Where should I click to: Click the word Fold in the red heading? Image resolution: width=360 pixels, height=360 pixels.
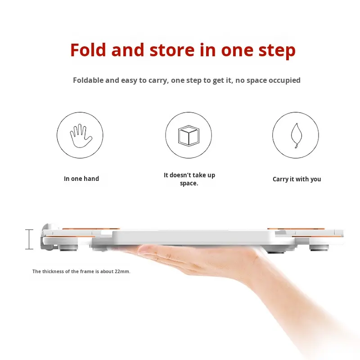[x=88, y=50]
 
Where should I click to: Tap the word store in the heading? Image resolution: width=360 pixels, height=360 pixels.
[x=172, y=50]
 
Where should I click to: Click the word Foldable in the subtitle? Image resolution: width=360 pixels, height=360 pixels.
[x=88, y=80]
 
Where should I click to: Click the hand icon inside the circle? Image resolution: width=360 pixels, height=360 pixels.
[x=81, y=136]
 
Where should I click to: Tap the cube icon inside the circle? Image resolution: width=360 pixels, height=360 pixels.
[x=189, y=136]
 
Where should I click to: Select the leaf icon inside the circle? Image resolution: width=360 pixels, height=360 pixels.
[x=297, y=135]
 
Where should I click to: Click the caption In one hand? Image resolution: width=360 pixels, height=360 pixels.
[x=81, y=179]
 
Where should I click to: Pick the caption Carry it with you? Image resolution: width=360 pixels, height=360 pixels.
[x=297, y=179]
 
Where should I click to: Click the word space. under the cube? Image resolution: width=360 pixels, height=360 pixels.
[x=189, y=184]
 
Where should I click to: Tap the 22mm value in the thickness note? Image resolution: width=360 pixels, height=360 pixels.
[x=122, y=271]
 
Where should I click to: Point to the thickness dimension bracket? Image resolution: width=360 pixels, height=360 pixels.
[x=29, y=239]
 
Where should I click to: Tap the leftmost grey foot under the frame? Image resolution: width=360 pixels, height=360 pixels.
[x=69, y=248]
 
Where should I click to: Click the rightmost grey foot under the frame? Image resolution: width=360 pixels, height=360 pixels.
[x=319, y=248]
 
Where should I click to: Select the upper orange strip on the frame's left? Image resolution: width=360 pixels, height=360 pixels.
[x=91, y=229]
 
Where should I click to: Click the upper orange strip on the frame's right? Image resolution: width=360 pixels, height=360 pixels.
[x=296, y=229]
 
